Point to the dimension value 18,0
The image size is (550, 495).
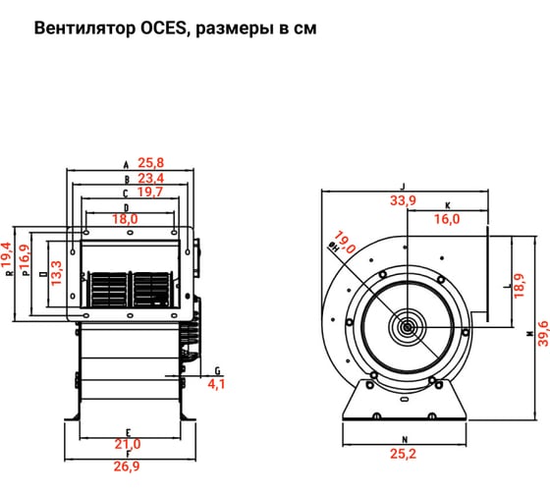(152, 219)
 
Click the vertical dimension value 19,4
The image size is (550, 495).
(9, 255)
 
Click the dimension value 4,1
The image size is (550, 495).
(216, 384)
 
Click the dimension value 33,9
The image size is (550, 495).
(403, 200)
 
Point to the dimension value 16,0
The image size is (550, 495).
(447, 219)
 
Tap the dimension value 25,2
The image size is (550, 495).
(404, 455)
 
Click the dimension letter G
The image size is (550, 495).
(215, 370)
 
